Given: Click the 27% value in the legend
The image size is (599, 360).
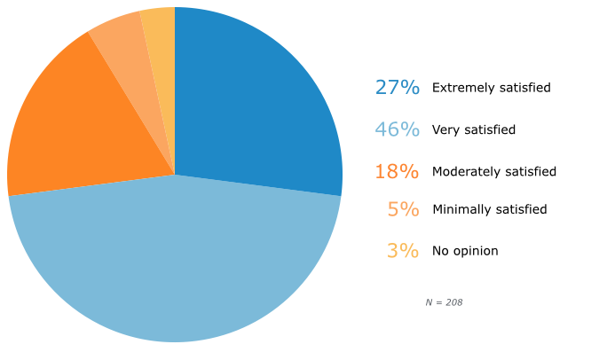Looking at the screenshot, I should [397, 88].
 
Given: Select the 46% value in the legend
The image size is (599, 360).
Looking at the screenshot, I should [397, 129].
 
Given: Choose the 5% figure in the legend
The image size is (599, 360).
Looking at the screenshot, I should [403, 210].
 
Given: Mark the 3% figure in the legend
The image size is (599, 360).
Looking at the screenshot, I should [403, 251].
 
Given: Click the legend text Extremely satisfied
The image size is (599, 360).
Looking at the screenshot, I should [491, 88].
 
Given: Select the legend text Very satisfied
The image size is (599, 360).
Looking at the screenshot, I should [473, 129].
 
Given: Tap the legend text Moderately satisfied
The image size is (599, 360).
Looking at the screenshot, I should [493, 171].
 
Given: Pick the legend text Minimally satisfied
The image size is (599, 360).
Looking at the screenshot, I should [489, 210].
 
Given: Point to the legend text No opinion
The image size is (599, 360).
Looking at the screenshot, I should [464, 251].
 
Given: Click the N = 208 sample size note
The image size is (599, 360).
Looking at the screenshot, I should [444, 302].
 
